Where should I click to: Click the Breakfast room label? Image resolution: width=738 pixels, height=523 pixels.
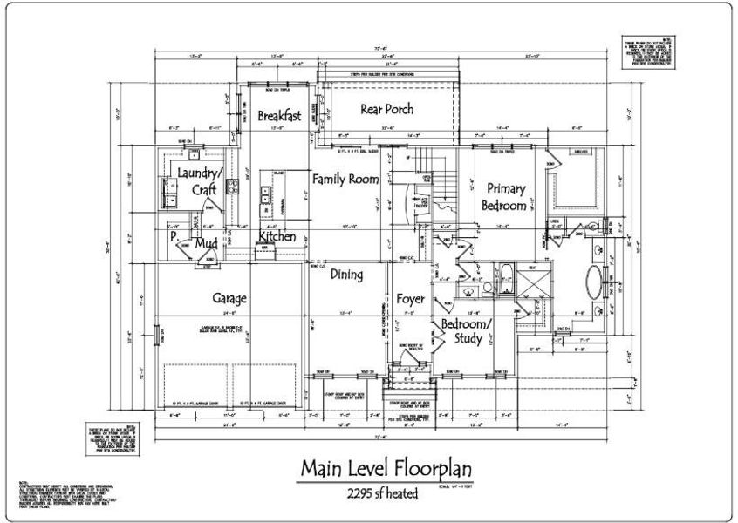[x=280, y=116]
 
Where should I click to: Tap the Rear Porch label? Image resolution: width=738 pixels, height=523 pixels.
[x=386, y=109]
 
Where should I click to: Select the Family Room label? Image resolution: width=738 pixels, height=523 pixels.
[x=345, y=180]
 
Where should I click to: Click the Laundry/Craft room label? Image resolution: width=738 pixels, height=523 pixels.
[x=200, y=180]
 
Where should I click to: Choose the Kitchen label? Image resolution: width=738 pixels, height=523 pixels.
[x=277, y=236]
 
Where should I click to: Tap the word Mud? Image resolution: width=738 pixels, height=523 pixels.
[x=206, y=243]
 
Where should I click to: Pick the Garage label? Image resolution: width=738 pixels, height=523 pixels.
[x=229, y=298]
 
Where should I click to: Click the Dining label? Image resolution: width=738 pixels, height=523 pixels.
[x=346, y=275]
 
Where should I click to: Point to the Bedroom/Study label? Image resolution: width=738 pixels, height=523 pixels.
[x=466, y=331]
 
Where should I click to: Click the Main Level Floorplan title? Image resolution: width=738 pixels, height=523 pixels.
[x=386, y=467]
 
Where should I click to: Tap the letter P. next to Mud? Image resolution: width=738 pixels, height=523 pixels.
[x=174, y=236]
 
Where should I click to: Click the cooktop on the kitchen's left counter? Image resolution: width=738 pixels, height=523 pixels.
[x=232, y=185]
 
